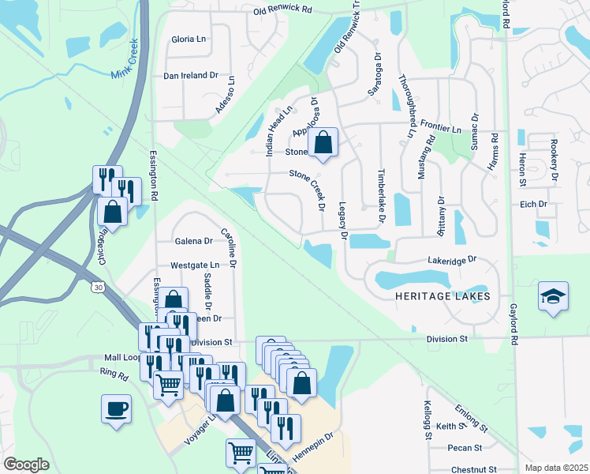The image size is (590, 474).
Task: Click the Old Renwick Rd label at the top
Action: pos(283,11)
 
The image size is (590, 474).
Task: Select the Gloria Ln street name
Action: pos(189,39)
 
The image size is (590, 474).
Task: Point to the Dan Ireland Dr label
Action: pos(190,76)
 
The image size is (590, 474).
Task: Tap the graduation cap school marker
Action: pos(553,297)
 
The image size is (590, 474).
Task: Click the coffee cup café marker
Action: pos(116,409)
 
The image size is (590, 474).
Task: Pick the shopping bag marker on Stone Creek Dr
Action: pos(323,143)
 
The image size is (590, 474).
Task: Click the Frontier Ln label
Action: pos(440,128)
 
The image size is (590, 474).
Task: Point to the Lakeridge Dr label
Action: pos(453,259)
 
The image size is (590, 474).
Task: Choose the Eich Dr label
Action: pos(533,204)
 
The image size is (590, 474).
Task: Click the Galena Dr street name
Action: pos(193,241)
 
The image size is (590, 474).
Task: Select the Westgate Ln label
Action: pos(194,265)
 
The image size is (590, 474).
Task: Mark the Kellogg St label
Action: pos(427,422)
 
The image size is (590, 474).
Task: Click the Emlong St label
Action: pos(472,417)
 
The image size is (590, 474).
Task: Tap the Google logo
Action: pos(26,464)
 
